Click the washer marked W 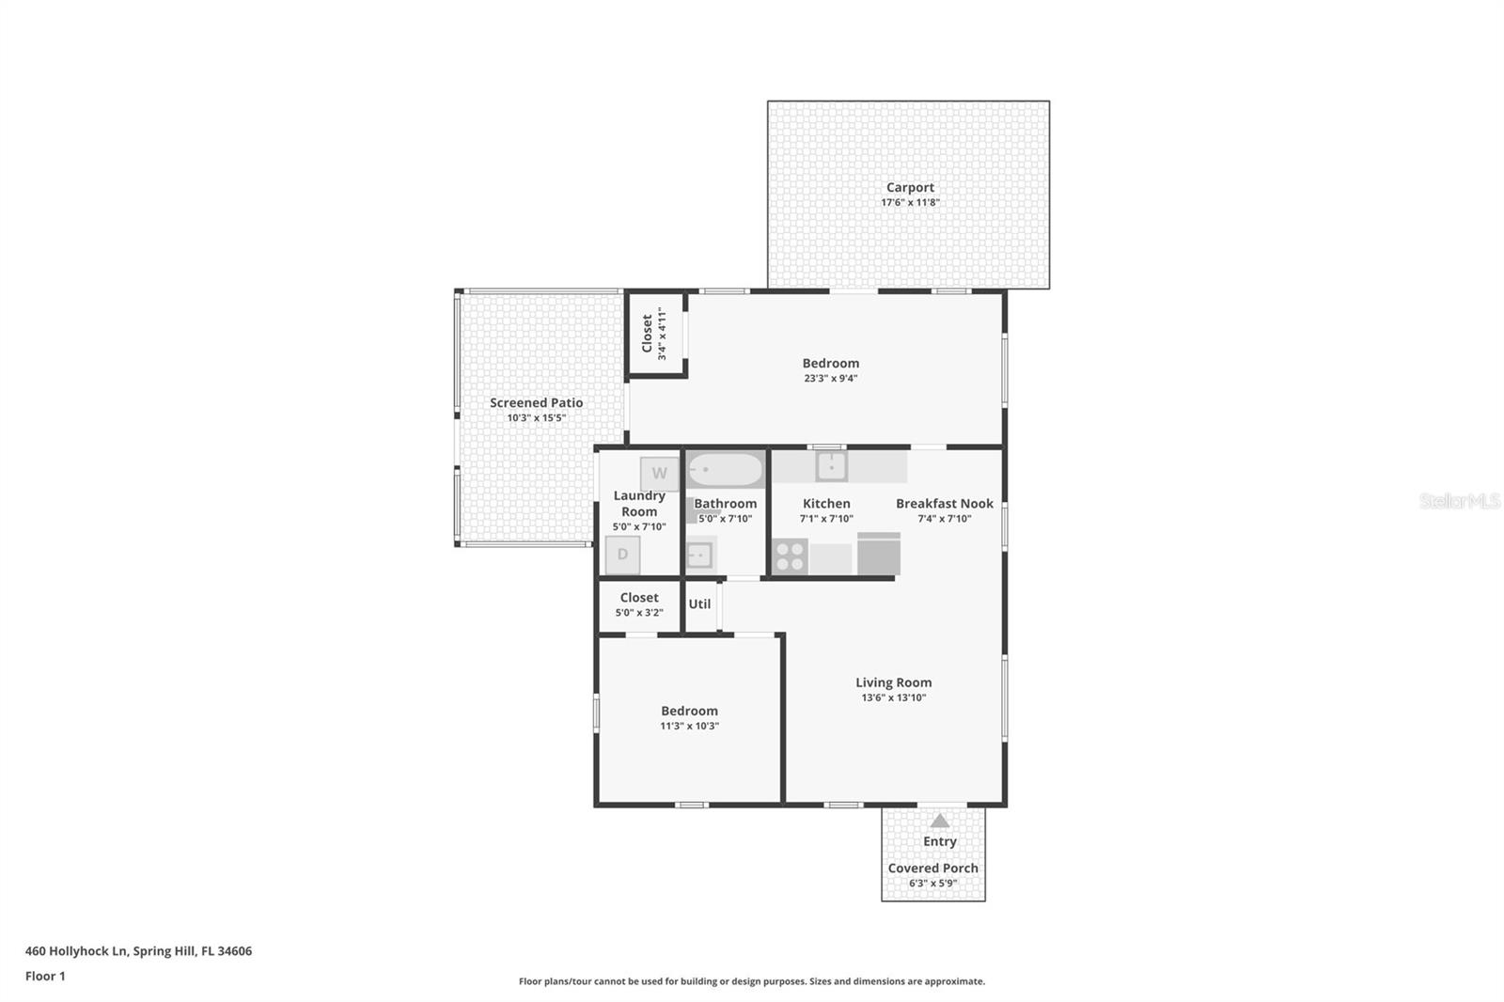[x=659, y=473]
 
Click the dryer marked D [x=622, y=555]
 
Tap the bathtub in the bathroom [x=725, y=469]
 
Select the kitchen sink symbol [x=831, y=465]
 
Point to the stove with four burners [x=790, y=556]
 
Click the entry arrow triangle [x=940, y=821]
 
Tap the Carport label [x=910, y=187]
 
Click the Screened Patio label [x=536, y=402]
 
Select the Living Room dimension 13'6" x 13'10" [x=893, y=697]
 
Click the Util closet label [x=699, y=604]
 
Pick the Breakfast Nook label [x=944, y=503]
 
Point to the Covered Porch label [x=932, y=868]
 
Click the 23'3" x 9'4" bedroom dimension [x=830, y=379]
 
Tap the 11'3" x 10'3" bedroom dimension [x=689, y=726]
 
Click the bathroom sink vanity [x=699, y=555]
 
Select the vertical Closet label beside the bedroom [x=647, y=334]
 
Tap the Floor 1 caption [x=45, y=976]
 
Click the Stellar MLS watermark [x=1459, y=501]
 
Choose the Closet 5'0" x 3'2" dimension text [x=639, y=613]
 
